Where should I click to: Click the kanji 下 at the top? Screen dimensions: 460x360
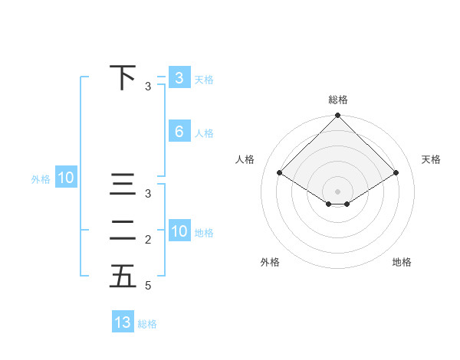[123, 77]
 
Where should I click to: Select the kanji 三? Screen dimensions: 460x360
[123, 185]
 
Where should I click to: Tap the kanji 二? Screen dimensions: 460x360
[123, 230]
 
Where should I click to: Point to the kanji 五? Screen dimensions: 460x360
[123, 276]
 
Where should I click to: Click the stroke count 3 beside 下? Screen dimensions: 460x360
[148, 87]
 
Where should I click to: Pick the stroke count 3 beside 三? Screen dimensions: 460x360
[148, 194]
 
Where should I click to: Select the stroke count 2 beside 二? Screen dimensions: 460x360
[148, 240]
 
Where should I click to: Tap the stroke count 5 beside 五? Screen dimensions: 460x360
[148, 286]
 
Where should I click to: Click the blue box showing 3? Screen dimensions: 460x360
[179, 77]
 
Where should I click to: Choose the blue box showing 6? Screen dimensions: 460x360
[179, 131]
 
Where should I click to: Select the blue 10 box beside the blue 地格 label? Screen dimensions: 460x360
[179, 231]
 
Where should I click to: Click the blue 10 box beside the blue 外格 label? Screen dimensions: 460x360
[66, 178]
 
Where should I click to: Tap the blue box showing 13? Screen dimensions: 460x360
[123, 322]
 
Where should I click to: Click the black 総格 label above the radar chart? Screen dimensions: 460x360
[338, 100]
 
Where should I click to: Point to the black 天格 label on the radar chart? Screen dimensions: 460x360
[432, 159]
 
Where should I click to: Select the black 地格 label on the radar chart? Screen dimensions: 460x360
[402, 262]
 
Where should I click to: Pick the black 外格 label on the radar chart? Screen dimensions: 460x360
[270, 262]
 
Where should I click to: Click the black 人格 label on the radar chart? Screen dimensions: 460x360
[245, 159]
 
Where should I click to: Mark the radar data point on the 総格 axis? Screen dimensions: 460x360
[338, 116]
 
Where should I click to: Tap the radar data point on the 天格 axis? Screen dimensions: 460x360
[396, 172]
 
